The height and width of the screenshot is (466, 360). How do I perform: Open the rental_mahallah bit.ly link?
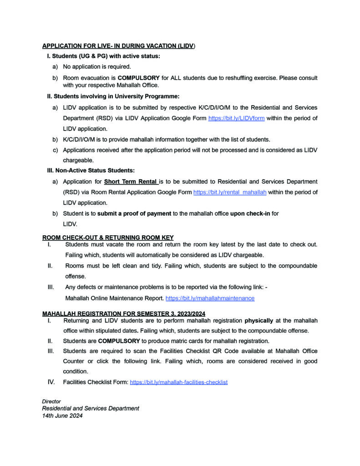click(x=230, y=192)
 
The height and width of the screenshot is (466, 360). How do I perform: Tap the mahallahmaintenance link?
click(x=210, y=299)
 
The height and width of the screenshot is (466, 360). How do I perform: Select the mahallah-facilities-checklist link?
click(x=178, y=382)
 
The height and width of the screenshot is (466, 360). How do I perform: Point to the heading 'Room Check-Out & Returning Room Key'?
click(x=108, y=237)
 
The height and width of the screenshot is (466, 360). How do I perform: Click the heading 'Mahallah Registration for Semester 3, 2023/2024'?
click(x=124, y=314)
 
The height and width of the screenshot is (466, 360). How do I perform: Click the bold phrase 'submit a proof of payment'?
click(x=134, y=213)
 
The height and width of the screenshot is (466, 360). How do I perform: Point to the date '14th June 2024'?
click(x=62, y=415)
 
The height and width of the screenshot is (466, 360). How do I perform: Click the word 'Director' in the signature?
click(x=51, y=401)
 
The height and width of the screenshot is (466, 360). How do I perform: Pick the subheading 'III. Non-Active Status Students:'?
click(x=91, y=171)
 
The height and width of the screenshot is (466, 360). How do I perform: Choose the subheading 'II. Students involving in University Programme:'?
click(x=113, y=96)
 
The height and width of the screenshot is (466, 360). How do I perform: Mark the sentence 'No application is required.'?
click(x=91, y=67)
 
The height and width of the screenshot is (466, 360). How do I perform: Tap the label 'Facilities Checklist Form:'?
click(x=95, y=382)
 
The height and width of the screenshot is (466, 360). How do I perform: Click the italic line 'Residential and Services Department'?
click(x=91, y=408)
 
